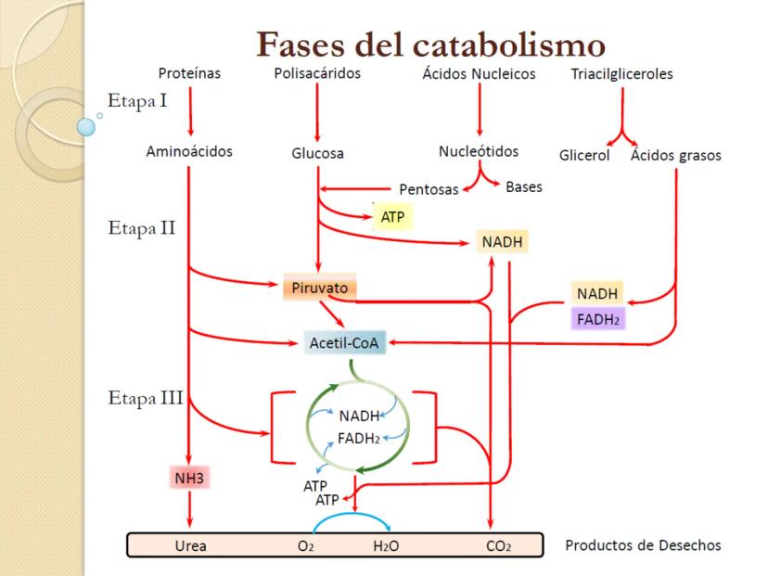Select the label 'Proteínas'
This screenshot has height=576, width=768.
[x=189, y=73]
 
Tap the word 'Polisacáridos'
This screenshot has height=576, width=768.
[x=317, y=73]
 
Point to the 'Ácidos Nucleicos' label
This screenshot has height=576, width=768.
[x=479, y=74]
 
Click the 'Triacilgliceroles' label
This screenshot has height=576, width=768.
[x=621, y=74]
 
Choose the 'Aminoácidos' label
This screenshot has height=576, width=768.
[x=189, y=152]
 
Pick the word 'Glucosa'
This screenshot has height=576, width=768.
[x=317, y=154]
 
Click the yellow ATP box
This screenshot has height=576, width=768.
[x=392, y=217]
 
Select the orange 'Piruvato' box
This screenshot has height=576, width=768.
[x=319, y=288]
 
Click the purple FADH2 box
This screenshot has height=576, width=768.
[x=598, y=319]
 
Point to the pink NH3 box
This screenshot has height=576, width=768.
[x=188, y=479]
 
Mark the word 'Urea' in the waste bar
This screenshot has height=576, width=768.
[x=190, y=546]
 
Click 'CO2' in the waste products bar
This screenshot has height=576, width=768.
[x=498, y=546]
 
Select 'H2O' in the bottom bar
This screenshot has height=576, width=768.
[x=385, y=546]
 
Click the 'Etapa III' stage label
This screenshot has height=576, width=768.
[x=145, y=399]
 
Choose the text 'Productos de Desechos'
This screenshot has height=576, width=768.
[x=642, y=544]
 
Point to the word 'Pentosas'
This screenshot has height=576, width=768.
[x=429, y=189]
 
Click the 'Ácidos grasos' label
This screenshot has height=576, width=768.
[x=675, y=155]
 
